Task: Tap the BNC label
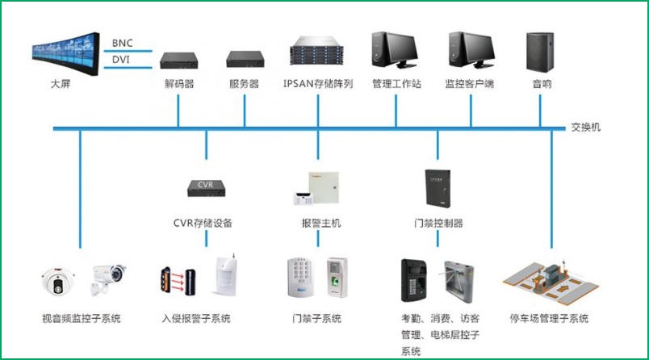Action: coord(122,42)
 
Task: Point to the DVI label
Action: coord(122,59)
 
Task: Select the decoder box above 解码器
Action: coord(178,59)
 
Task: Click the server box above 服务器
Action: coord(244,59)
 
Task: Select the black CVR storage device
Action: coord(207,186)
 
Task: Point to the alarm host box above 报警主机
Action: coord(318,188)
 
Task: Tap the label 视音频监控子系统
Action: coord(82,319)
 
